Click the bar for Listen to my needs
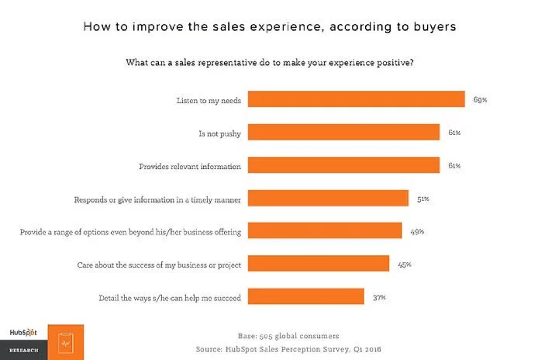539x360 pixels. click(x=356, y=99)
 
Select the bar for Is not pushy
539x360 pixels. click(x=344, y=132)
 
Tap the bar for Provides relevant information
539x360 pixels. click(x=344, y=165)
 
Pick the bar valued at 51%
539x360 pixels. click(x=328, y=198)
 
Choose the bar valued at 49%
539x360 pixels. click(x=325, y=231)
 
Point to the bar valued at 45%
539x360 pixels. click(x=319, y=264)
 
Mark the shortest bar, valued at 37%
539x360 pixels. click(x=306, y=297)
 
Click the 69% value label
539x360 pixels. click(x=480, y=100)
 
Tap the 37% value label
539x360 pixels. click(x=379, y=298)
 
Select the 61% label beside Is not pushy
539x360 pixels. click(x=454, y=133)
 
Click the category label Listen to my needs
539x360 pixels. click(x=209, y=101)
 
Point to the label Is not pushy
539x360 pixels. click(x=220, y=133)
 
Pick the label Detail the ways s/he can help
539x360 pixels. click(x=170, y=298)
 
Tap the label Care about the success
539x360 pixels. click(x=159, y=265)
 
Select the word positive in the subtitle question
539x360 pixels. click(x=394, y=62)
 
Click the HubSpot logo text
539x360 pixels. click(x=23, y=332)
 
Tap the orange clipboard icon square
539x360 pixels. click(x=66, y=342)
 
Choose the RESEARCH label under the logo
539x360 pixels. click(x=23, y=351)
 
